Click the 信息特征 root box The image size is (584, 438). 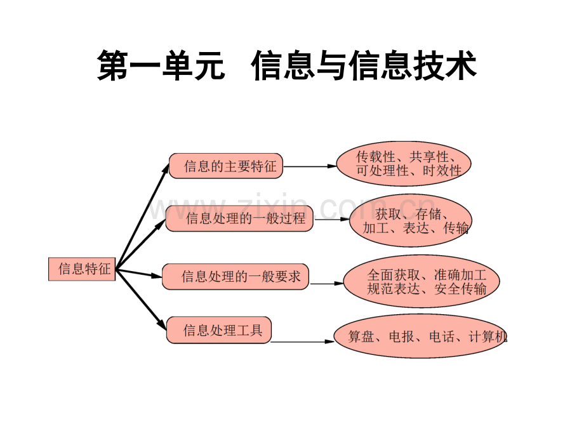click(x=83, y=269)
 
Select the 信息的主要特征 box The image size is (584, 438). click(x=226, y=166)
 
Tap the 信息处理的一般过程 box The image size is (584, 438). click(x=240, y=218)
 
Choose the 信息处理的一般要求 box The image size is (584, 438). click(x=236, y=277)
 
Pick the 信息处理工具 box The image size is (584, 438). click(x=218, y=331)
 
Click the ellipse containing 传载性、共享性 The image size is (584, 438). click(x=404, y=164)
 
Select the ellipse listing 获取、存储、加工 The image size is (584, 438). click(x=411, y=220)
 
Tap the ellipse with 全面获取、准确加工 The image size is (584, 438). click(x=421, y=282)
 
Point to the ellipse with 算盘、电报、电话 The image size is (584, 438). click(x=421, y=336)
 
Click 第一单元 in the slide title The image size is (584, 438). click(x=161, y=67)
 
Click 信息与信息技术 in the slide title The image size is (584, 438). click(x=364, y=67)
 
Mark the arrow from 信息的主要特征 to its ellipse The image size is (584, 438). click(x=309, y=166)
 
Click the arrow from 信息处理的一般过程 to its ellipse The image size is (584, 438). click(x=332, y=220)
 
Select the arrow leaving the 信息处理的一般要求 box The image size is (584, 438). click(x=326, y=284)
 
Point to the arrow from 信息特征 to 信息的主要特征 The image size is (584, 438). click(x=143, y=213)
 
